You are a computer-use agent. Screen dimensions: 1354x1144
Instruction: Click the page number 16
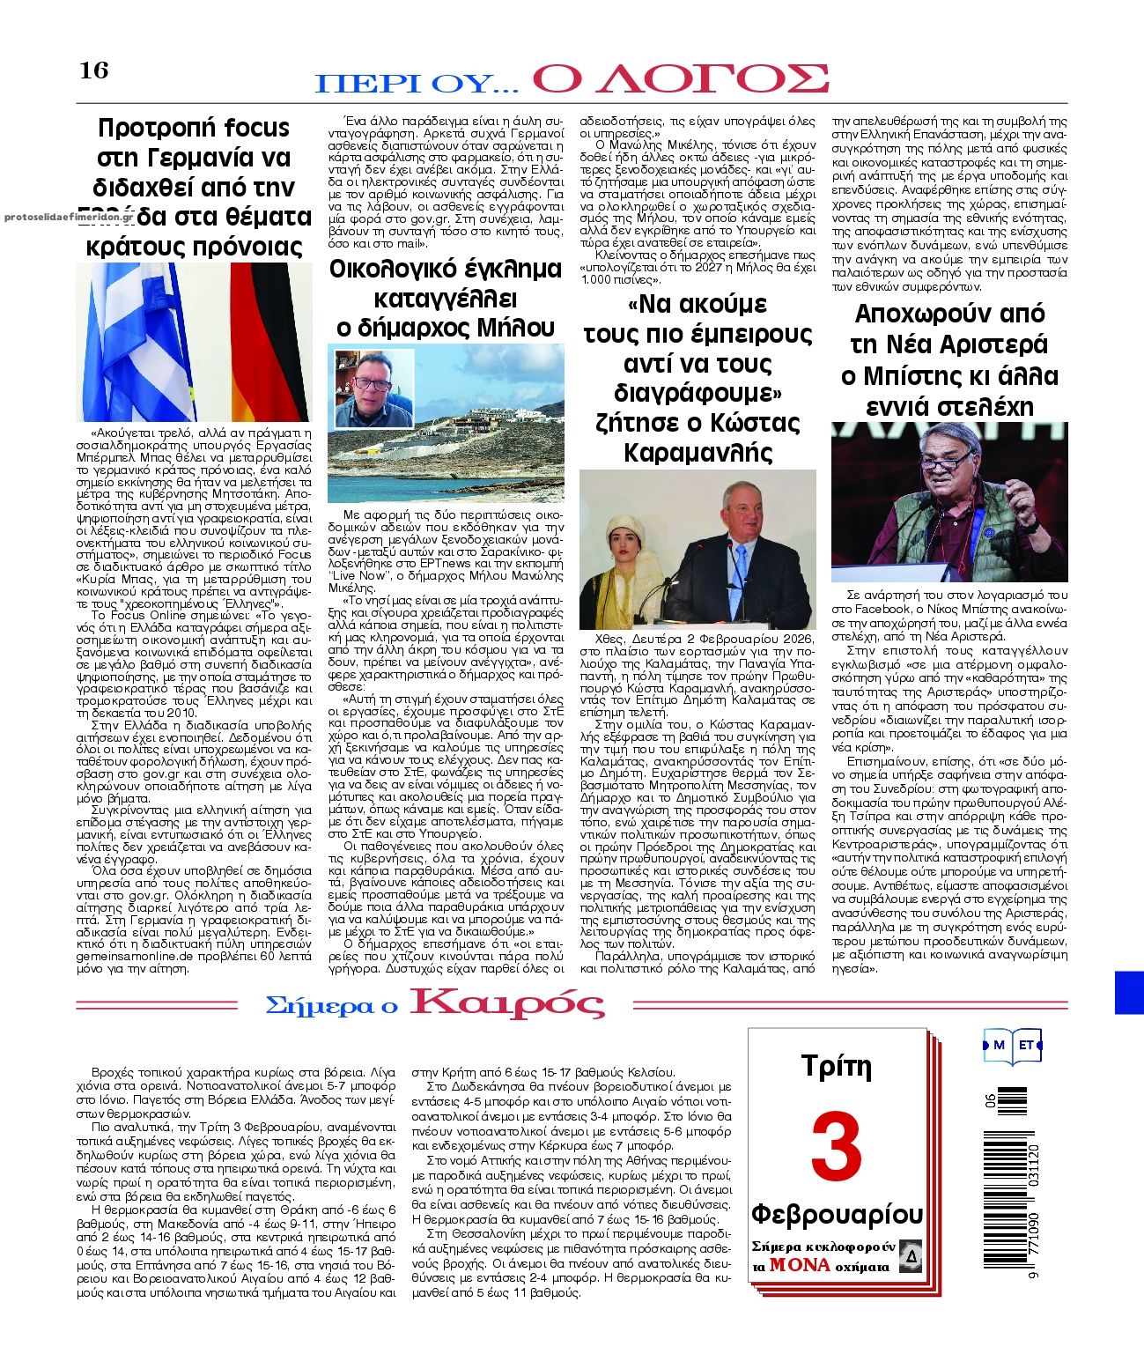pyautogui.click(x=94, y=70)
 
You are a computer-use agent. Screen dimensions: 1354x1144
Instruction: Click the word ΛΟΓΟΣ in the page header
pyautogui.click(x=680, y=79)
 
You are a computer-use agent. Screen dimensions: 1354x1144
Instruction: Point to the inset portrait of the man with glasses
pyautogui.click(x=373, y=388)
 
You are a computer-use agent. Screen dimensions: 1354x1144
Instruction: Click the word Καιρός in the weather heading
pyautogui.click(x=508, y=1003)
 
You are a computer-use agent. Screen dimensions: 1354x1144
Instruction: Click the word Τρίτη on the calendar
pyautogui.click(x=836, y=1067)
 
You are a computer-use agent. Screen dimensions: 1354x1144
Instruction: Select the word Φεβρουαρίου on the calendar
pyautogui.click(x=836, y=1214)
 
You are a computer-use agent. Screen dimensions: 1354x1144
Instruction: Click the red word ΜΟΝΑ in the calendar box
pyautogui.click(x=799, y=1265)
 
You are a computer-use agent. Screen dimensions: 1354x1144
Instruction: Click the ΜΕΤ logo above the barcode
pyautogui.click(x=1012, y=1046)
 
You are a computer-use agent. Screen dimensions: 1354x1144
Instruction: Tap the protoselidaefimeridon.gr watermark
pyautogui.click(x=68, y=216)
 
